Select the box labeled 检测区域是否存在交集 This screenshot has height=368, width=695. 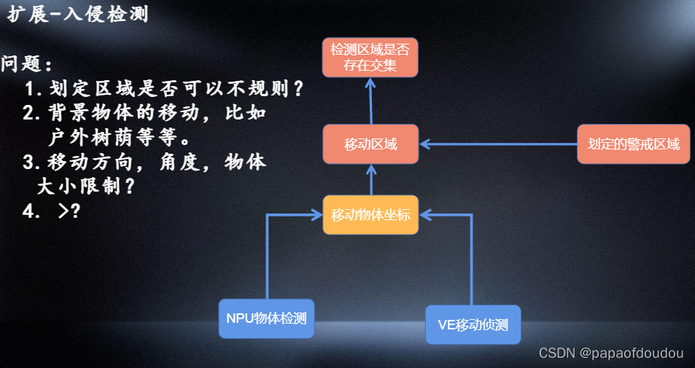pyautogui.click(x=370, y=58)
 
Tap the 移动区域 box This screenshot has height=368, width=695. pyautogui.click(x=370, y=144)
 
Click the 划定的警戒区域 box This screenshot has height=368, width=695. pyautogui.click(x=633, y=144)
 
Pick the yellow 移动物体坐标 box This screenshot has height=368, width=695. pyautogui.click(x=370, y=215)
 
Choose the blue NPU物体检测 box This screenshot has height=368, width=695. pyautogui.click(x=266, y=318)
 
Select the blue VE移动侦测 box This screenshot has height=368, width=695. pyautogui.click(x=473, y=324)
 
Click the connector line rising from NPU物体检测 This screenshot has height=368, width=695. pyautogui.click(x=268, y=255)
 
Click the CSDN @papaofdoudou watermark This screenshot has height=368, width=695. pyautogui.click(x=611, y=353)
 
